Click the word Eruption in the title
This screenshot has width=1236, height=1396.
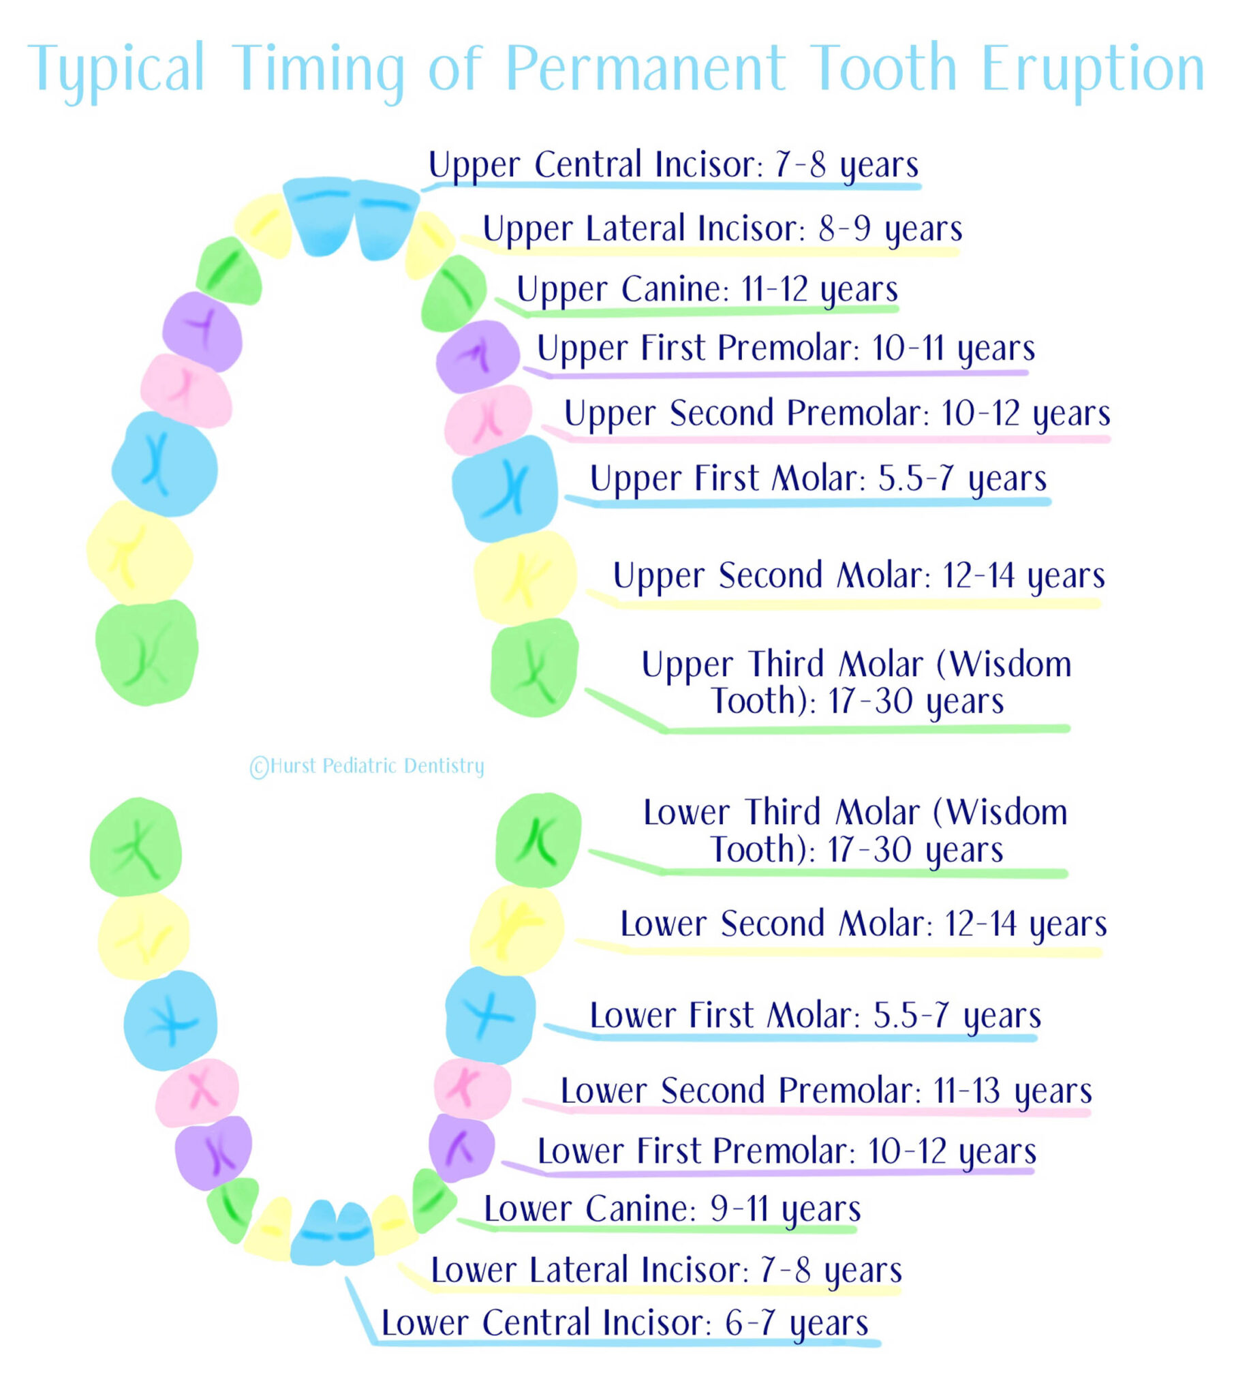click(1093, 68)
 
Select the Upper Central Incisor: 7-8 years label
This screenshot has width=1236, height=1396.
click(673, 165)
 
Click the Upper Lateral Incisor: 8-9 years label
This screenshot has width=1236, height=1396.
click(722, 229)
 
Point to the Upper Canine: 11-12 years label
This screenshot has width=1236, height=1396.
click(707, 290)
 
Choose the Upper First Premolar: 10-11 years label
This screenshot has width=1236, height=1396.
click(786, 349)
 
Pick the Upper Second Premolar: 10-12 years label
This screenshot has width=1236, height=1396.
click(837, 414)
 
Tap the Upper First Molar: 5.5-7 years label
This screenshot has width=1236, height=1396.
click(818, 479)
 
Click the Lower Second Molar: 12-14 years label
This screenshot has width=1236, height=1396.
click(863, 924)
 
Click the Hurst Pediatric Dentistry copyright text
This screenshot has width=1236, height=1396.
click(367, 766)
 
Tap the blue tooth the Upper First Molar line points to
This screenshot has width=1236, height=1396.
click(505, 487)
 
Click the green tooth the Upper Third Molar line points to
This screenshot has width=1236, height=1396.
click(535, 667)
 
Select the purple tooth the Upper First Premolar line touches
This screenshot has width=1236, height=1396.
click(478, 356)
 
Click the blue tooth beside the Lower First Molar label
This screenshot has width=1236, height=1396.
click(491, 1015)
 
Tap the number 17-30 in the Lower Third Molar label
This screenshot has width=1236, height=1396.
click(870, 850)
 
